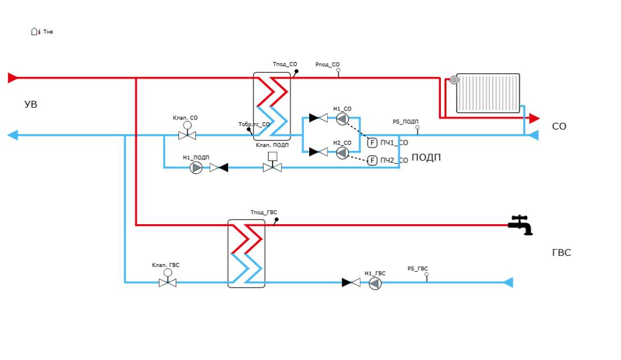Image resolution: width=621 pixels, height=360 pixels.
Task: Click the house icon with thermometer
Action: [35, 32]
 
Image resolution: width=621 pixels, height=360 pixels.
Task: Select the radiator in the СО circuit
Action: [488, 92]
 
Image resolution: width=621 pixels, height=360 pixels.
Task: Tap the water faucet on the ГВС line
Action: [522, 225]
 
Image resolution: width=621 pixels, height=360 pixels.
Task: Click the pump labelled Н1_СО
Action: [342, 119]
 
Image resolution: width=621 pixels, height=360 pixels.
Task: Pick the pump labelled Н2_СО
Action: [342, 153]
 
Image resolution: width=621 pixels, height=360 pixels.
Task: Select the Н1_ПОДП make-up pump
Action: [196, 167]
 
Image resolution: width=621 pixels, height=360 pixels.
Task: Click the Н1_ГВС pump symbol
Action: [375, 283]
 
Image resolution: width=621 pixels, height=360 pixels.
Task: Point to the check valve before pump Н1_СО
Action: [319, 118]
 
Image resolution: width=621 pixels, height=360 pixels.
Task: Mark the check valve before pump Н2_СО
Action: [319, 152]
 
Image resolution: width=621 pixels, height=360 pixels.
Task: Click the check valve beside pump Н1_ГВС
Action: [351, 282]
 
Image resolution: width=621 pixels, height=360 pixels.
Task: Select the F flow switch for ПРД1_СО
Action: [372, 143]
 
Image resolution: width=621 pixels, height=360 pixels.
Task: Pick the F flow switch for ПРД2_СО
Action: [372, 161]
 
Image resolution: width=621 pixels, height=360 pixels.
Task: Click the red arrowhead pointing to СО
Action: [534, 118]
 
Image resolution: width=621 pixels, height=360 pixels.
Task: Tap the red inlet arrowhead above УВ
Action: [12, 78]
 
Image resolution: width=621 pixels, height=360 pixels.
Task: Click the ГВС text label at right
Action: [561, 254]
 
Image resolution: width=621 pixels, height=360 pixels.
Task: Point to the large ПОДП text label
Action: [426, 158]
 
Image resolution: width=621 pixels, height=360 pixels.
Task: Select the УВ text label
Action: [30, 105]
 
